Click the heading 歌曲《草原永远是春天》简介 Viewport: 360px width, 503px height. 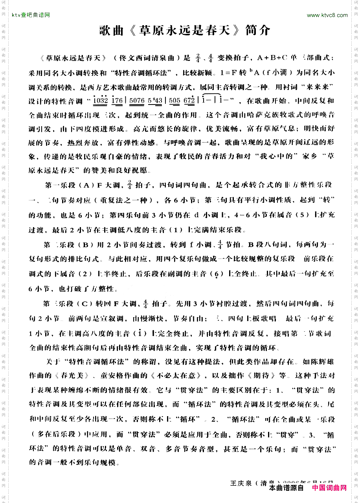(184, 30)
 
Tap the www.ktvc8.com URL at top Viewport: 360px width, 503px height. (327, 15)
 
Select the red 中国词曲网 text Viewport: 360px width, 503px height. (329, 488)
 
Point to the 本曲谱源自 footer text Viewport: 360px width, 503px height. (287, 488)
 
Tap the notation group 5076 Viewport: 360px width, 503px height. (137, 101)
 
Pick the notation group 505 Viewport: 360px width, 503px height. (174, 101)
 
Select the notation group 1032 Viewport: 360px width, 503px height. (101, 101)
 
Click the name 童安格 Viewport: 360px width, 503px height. (117, 375)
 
